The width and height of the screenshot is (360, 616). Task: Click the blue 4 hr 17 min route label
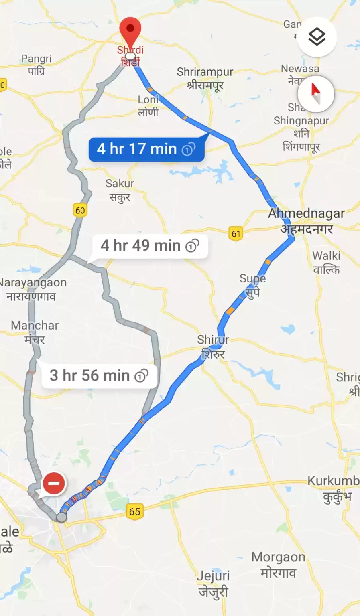pyautogui.click(x=146, y=149)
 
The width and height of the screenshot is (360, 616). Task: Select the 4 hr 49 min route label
pyautogui.click(x=150, y=245)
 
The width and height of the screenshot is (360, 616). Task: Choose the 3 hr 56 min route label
pyautogui.click(x=99, y=376)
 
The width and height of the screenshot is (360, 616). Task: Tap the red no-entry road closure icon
pyautogui.click(x=54, y=483)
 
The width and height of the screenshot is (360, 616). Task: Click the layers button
pyautogui.click(x=317, y=37)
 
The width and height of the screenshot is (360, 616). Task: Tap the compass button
pyautogui.click(x=316, y=94)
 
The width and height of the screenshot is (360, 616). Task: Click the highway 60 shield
pyautogui.click(x=80, y=210)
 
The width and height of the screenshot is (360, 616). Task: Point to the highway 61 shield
pyautogui.click(x=236, y=233)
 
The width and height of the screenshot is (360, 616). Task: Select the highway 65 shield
pyautogui.click(x=135, y=511)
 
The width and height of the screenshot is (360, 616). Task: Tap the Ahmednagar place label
pyautogui.click(x=306, y=220)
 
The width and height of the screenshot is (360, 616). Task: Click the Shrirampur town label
pyautogui.click(x=205, y=78)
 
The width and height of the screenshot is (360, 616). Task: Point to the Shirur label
pyautogui.click(x=213, y=346)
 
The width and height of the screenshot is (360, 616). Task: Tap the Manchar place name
pyautogui.click(x=35, y=332)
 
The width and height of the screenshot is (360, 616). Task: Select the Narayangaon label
pyautogui.click(x=32, y=289)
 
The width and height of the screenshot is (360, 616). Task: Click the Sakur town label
pyautogui.click(x=120, y=190)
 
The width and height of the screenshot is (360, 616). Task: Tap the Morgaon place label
pyautogui.click(x=278, y=564)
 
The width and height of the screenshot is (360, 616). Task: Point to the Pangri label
pyautogui.click(x=36, y=64)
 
